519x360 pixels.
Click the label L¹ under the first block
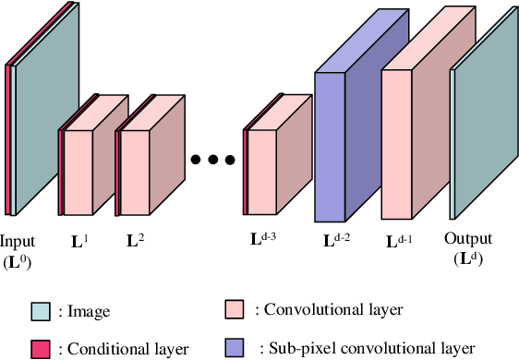(x=81, y=243)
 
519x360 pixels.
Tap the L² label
(x=135, y=243)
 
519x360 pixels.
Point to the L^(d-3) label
(x=263, y=239)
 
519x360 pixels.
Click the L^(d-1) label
(x=400, y=242)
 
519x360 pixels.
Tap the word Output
(x=468, y=238)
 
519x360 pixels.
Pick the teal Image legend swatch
(x=40, y=311)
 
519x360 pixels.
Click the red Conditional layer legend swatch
(x=40, y=348)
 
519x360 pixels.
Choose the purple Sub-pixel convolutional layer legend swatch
(x=235, y=348)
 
